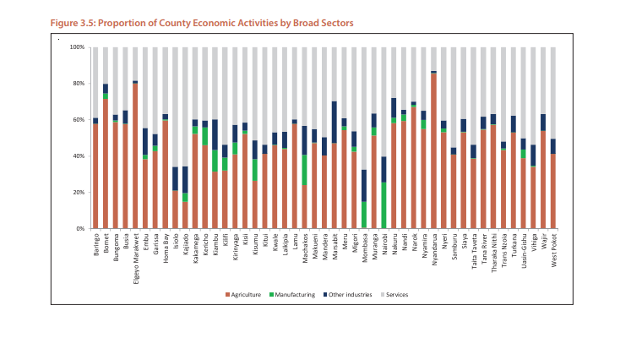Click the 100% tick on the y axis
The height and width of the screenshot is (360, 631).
pos(78,47)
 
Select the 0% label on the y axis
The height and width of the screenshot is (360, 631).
pos(81,229)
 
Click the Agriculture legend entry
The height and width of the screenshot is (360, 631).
pos(244,294)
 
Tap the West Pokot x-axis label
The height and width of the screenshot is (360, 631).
pos(553,250)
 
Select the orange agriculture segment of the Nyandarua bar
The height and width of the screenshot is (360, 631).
pos(433,152)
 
